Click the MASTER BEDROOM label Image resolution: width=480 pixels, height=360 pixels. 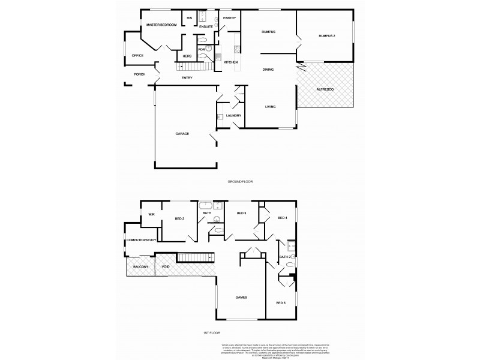click(161, 24)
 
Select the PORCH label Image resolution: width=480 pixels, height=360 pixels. click(139, 74)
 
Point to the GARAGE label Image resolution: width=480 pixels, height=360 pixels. click(182, 133)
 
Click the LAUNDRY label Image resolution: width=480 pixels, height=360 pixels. click(233, 116)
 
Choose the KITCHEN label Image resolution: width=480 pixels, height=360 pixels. click(231, 62)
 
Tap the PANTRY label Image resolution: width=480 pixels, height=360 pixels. click(229, 18)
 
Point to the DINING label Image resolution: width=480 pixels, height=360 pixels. click(268, 70)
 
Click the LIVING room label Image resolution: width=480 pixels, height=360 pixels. click(270, 107)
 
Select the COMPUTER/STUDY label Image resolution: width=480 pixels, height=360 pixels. click(141, 240)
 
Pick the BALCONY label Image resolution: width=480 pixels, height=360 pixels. click(141, 266)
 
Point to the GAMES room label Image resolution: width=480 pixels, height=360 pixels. click(241, 298)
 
